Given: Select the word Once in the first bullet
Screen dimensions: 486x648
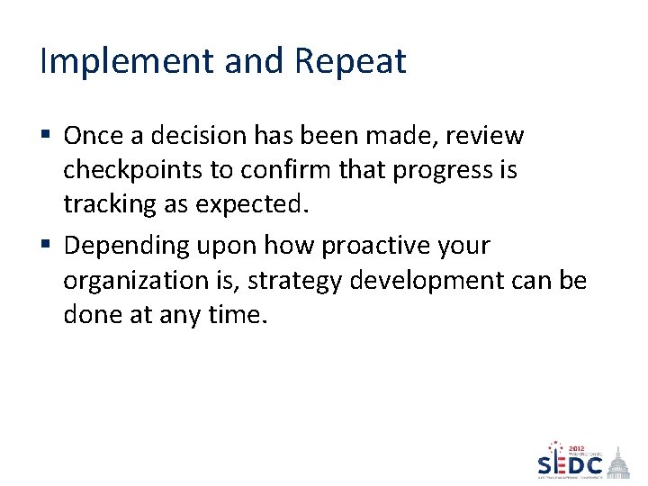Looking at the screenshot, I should [x=93, y=136].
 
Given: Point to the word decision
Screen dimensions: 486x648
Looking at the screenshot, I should [x=201, y=136].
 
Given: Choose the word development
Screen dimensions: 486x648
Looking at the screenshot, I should [x=427, y=281].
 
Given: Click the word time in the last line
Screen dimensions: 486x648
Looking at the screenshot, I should [x=238, y=315].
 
